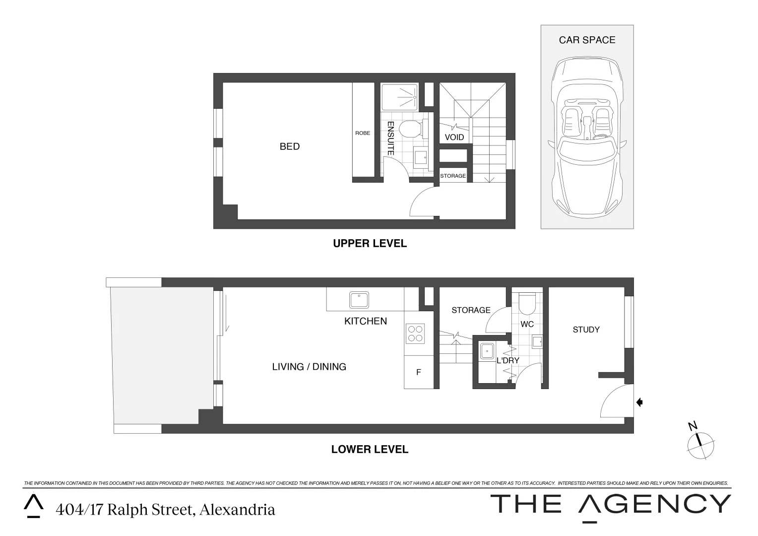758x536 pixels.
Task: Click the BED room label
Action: (290, 146)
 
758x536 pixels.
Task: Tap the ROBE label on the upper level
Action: (363, 133)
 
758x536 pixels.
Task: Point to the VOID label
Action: (454, 137)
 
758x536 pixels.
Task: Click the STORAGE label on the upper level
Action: (453, 176)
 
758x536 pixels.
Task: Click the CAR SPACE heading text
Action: (587, 40)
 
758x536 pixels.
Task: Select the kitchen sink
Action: (359, 300)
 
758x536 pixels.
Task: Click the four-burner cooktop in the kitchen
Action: (415, 333)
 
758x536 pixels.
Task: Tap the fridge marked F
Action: (419, 372)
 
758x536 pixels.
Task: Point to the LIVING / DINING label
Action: (309, 367)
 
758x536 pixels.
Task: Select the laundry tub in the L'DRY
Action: (487, 351)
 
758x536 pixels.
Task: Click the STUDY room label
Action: (586, 330)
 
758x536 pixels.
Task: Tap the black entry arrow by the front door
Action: (639, 402)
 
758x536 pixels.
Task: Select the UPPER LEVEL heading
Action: (370, 244)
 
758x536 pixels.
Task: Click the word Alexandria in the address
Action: (237, 510)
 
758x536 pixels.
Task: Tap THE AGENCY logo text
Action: (610, 505)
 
